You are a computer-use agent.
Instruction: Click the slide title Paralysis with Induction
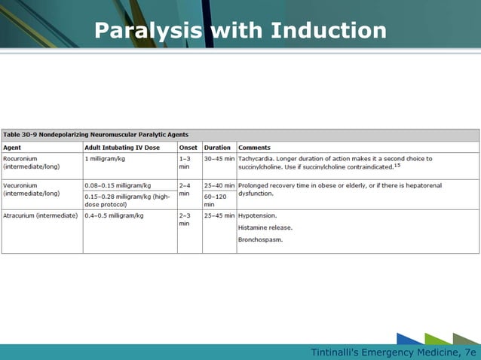(240, 31)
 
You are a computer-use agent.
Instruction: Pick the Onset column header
(188, 148)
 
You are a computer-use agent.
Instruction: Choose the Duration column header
(218, 148)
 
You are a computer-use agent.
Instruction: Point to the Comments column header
(255, 148)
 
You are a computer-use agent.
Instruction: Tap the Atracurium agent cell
(41, 215)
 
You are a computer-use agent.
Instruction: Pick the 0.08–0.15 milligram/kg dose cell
(118, 185)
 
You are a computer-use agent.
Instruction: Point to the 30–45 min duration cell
(219, 159)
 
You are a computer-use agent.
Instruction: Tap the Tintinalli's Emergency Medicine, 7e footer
(394, 352)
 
